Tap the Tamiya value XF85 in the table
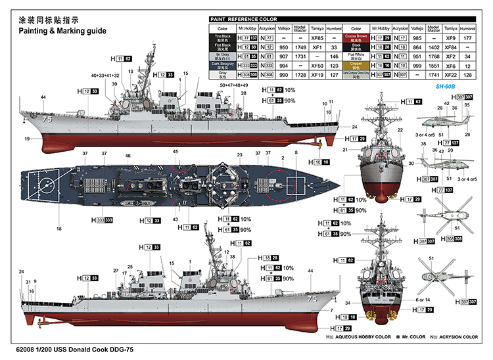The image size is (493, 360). [316, 39]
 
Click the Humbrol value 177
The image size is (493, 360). [467, 39]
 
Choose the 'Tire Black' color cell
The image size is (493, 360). [222, 39]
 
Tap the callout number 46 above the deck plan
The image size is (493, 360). [128, 156]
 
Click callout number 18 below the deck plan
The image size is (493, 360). [59, 229]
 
